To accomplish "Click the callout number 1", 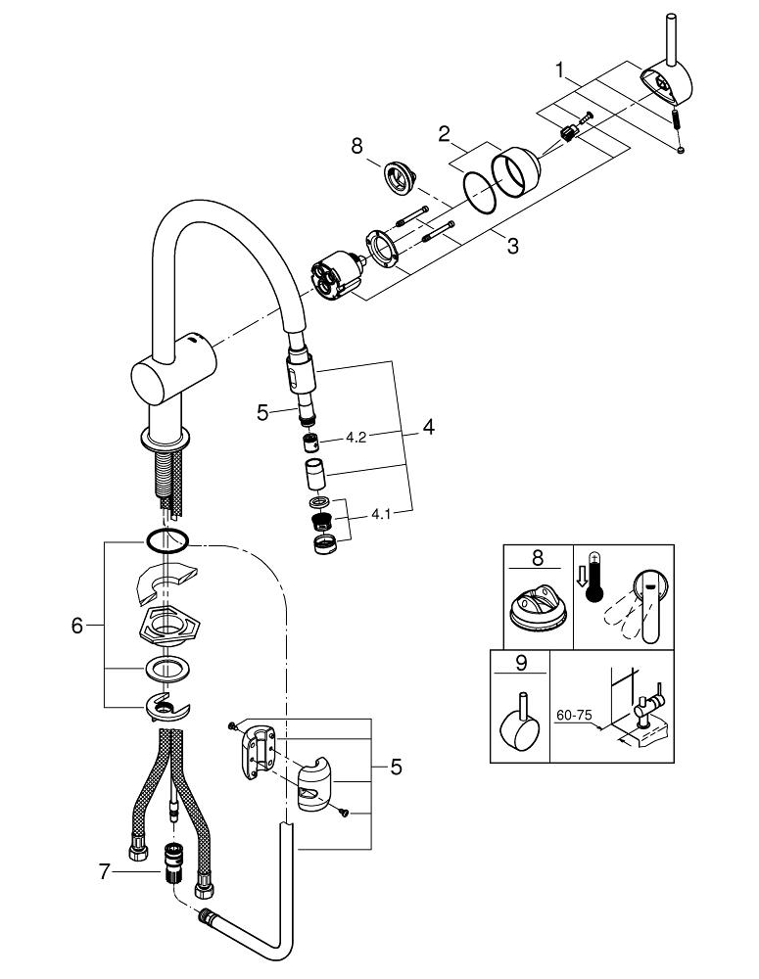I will pyautogui.click(x=559, y=70).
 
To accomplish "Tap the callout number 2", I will pyautogui.click(x=445, y=133).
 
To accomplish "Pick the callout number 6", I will pyautogui.click(x=77, y=625).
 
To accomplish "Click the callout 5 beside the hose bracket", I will pyautogui.click(x=396, y=767).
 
